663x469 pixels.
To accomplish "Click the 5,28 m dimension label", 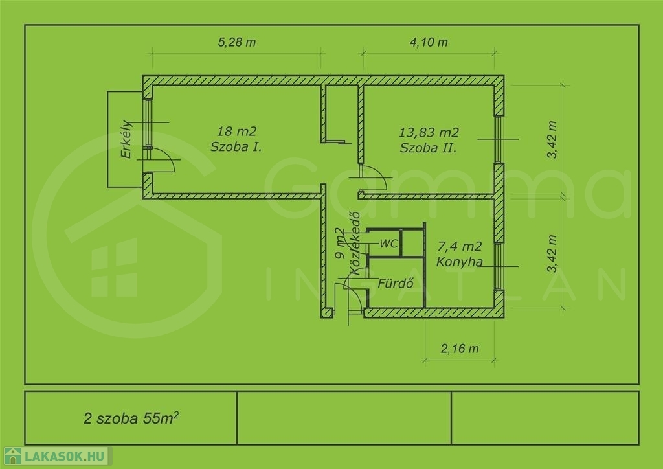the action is (x=237, y=42).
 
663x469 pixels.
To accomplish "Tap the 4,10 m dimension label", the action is (x=429, y=42).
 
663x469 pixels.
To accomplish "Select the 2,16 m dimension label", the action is (x=460, y=349).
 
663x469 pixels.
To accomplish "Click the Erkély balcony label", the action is (x=126, y=139).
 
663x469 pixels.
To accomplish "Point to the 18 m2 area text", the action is (x=237, y=131).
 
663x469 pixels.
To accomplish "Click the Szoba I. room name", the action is (x=236, y=147).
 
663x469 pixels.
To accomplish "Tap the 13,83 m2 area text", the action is (x=429, y=132).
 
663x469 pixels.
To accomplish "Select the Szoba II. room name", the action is (x=429, y=148).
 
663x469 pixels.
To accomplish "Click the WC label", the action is (x=388, y=244).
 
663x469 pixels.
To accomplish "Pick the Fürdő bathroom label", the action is (x=396, y=283).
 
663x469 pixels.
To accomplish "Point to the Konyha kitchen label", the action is (x=459, y=262).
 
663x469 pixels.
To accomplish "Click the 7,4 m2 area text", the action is (x=460, y=246).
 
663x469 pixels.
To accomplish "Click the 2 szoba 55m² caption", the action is (x=131, y=418).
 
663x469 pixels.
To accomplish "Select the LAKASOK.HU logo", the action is (x=56, y=456).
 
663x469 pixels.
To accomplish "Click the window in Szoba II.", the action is (x=499, y=139).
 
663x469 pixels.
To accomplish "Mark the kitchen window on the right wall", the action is (x=499, y=266).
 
